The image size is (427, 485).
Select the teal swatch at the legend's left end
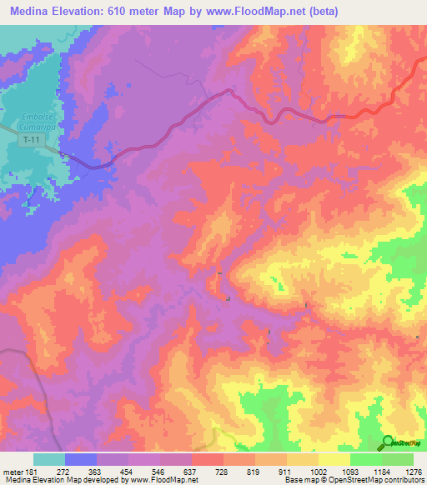49,459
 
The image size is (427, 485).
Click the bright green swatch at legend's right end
398,459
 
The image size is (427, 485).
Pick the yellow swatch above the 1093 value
334,459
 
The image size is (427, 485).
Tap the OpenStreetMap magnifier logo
388,442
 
